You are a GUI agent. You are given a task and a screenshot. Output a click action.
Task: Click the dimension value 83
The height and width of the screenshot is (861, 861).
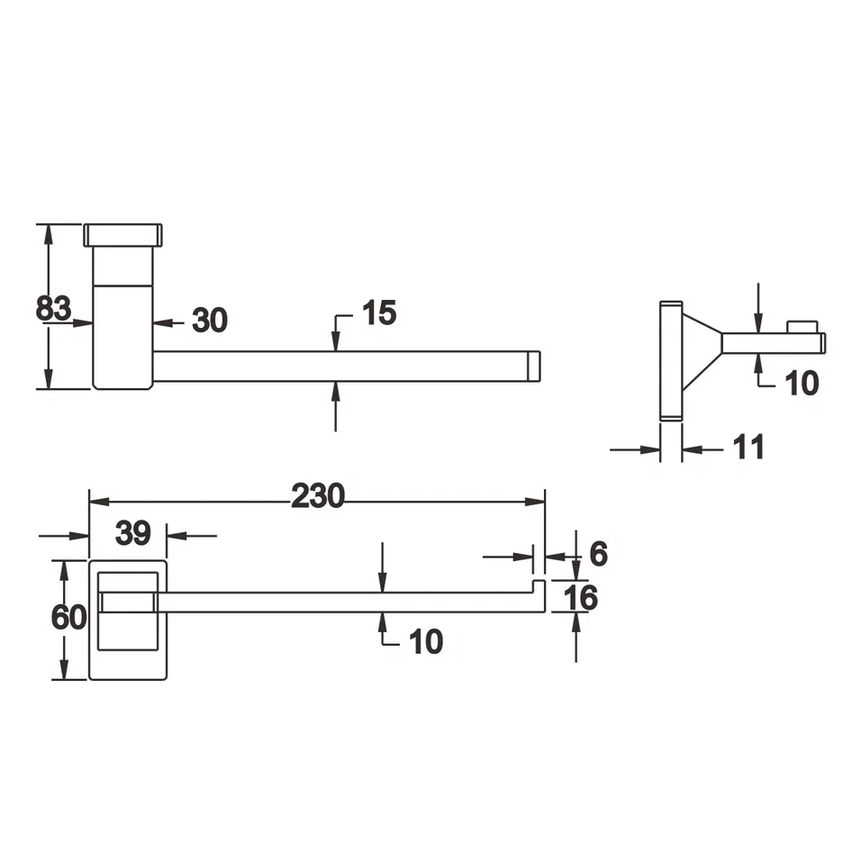click(53, 308)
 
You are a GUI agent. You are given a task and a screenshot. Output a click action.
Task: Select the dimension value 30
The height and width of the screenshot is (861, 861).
click(209, 319)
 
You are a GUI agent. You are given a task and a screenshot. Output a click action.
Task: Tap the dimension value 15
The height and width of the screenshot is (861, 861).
click(378, 313)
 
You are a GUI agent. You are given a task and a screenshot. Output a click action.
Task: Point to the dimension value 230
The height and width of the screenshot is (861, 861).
click(317, 495)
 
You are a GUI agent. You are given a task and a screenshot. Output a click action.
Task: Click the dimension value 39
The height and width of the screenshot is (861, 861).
click(132, 533)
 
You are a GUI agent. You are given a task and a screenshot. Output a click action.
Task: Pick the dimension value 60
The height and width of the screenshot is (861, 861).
click(68, 618)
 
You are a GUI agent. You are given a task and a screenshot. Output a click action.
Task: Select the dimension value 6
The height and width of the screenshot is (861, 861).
click(598, 554)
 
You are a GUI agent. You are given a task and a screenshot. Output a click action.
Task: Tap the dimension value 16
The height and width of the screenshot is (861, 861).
click(583, 596)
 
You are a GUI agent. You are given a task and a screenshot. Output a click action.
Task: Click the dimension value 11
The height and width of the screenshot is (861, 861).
click(748, 447)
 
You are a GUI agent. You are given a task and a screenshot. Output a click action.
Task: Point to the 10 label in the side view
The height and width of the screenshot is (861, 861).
click(801, 383)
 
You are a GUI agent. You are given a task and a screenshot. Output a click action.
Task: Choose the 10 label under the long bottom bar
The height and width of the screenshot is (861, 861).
click(426, 641)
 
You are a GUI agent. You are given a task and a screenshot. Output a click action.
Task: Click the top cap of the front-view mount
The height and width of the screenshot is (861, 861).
click(123, 235)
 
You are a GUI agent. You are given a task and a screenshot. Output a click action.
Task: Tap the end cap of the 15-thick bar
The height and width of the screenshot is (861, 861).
click(532, 367)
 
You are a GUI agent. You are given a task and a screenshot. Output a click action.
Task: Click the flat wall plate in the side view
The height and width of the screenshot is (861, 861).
click(670, 360)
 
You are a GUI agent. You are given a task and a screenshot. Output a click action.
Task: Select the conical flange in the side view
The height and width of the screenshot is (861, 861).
click(701, 352)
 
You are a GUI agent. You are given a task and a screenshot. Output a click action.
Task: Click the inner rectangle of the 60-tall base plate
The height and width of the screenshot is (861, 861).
click(127, 610)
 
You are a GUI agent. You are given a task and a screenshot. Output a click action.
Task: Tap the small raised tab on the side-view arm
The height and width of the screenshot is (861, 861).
click(802, 326)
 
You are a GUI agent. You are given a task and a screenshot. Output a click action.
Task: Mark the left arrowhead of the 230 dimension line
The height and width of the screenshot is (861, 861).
click(95, 502)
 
